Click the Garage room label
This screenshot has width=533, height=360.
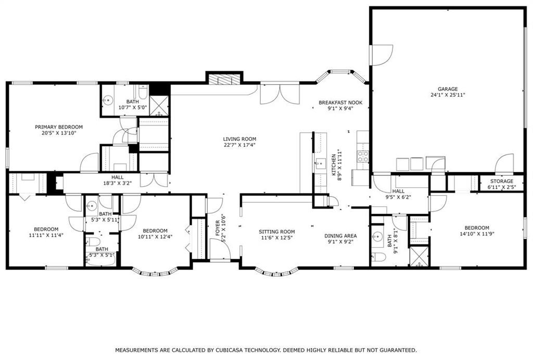[447, 89]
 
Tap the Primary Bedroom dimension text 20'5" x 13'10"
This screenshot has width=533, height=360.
[59, 134]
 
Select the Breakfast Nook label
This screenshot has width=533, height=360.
[340, 103]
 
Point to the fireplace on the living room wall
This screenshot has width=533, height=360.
[224, 80]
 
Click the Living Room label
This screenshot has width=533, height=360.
[239, 139]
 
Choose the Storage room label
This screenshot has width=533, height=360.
[500, 181]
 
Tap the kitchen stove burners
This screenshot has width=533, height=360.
[362, 154]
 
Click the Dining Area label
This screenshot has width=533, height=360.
[340, 235]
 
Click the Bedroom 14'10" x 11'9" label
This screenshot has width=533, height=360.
[476, 228]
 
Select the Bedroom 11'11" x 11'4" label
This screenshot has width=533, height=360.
[46, 229]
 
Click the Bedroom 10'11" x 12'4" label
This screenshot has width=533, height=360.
[155, 231]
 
